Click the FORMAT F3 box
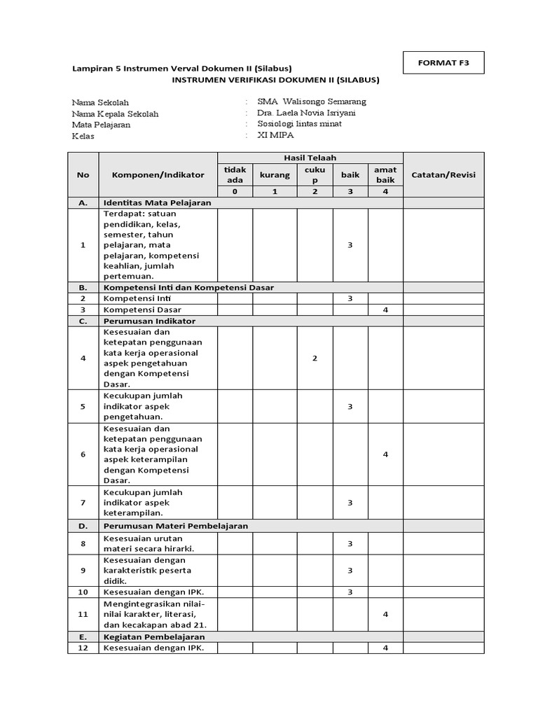point(444,62)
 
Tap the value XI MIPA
point(277,135)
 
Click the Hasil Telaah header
point(310,158)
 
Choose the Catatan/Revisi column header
point(443,174)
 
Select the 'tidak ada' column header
point(235,174)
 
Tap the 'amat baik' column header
point(385,174)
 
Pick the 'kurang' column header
point(275,174)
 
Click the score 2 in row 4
point(315,358)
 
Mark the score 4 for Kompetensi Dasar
point(385,309)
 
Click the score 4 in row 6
point(385,454)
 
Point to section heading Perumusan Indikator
point(149,321)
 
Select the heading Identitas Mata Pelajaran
point(157,202)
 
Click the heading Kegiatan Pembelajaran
point(154,637)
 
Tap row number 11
point(83,614)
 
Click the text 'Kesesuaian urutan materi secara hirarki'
point(148,543)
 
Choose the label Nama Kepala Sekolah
point(116,113)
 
